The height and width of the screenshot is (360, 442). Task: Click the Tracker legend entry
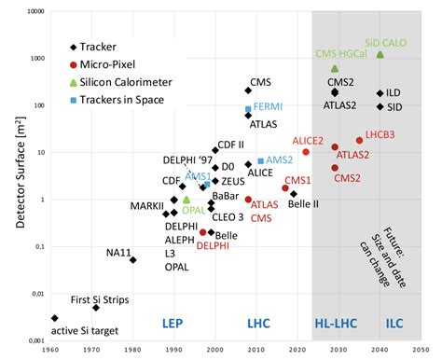(x=97, y=46)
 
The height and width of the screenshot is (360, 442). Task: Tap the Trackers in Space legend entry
(x=116, y=99)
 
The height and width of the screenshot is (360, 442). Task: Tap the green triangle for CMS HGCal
(x=335, y=68)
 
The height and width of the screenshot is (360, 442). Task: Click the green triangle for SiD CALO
(x=380, y=54)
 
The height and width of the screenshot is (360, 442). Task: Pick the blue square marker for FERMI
(x=248, y=109)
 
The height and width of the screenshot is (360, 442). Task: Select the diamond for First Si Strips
(x=95, y=307)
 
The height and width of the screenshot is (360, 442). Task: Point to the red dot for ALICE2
(x=305, y=152)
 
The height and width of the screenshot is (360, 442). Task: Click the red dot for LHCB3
(x=359, y=141)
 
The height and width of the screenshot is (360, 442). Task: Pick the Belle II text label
(x=305, y=203)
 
